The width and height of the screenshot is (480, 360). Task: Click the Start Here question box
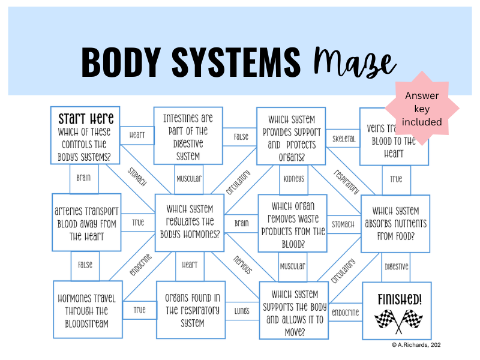click(x=85, y=136)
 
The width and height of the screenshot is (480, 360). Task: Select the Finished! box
click(x=396, y=311)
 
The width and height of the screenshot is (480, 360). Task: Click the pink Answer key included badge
click(x=422, y=108)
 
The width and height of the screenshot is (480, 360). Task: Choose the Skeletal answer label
click(x=344, y=139)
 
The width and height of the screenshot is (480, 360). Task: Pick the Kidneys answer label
click(x=293, y=178)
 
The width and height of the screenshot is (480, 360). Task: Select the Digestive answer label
click(x=396, y=266)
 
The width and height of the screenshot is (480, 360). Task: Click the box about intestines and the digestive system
click(x=188, y=136)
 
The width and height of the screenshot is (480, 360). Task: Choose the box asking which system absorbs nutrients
click(x=395, y=223)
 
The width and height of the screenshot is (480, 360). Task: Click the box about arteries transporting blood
click(x=86, y=222)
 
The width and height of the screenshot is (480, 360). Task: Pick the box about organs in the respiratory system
click(x=191, y=310)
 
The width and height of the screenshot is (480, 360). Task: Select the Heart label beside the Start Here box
click(x=137, y=135)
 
